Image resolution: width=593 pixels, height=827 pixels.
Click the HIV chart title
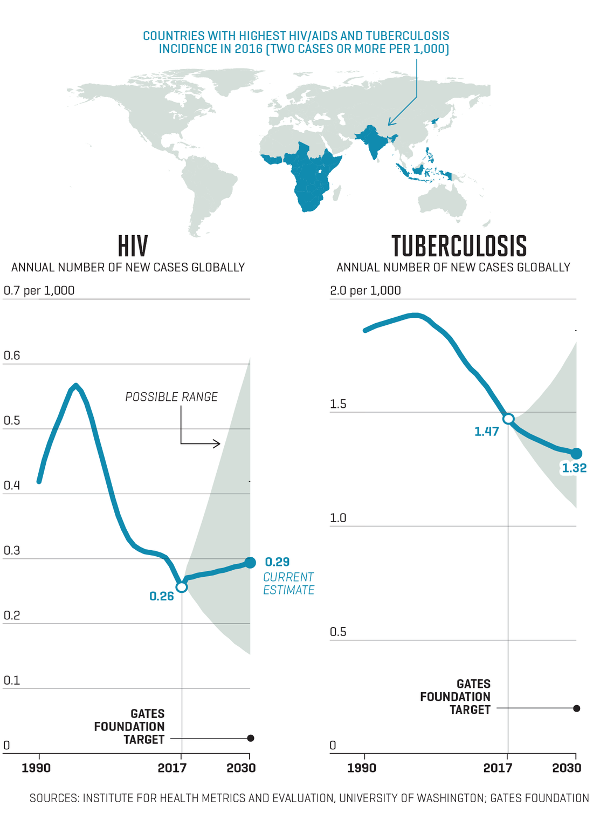[133, 247]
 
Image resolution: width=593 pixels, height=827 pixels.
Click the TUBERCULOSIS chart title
[459, 247]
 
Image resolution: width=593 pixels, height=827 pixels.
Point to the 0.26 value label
[161, 596]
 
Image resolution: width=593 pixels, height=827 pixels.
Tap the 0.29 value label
[277, 562]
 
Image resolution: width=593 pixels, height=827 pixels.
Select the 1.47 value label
[486, 432]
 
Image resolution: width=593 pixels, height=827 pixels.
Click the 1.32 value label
[574, 468]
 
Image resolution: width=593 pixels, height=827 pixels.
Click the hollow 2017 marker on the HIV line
[182, 587]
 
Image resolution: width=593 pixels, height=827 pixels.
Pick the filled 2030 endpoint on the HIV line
[250, 563]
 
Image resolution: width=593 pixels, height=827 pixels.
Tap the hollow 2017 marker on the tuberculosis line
[508, 419]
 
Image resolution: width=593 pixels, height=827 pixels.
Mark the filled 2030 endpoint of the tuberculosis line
[576, 454]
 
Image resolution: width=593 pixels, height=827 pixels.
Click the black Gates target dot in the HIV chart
[250, 738]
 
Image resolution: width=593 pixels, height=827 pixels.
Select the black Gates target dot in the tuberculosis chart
[576, 708]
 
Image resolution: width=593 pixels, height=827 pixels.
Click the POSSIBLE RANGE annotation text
[171, 397]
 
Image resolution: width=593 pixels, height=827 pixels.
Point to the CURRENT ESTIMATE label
[288, 584]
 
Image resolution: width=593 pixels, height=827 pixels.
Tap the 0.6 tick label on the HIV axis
[12, 356]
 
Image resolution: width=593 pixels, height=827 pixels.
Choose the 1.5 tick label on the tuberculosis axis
[338, 404]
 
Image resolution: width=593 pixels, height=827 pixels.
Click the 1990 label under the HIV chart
[36, 768]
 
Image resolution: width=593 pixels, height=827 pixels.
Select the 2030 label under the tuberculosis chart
[567, 768]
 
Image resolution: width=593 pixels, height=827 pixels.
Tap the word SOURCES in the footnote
[53, 798]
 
